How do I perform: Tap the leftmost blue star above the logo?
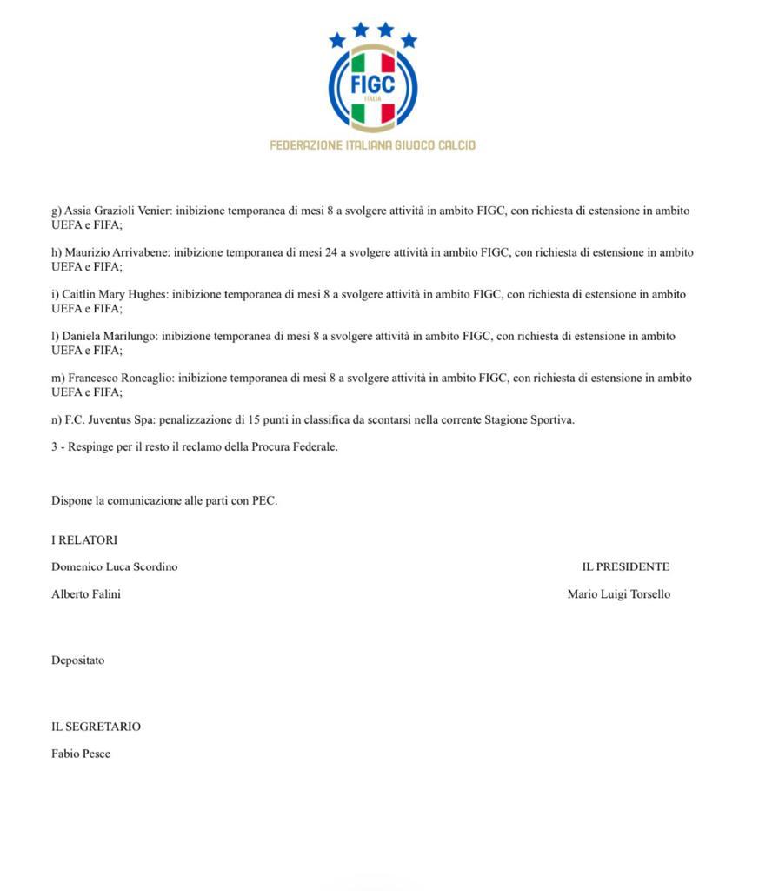[337, 40]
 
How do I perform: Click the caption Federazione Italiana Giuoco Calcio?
[373, 145]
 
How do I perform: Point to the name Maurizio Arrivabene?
[117, 252]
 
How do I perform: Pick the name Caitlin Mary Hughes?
[113, 294]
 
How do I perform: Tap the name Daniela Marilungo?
[108, 336]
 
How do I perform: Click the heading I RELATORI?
[84, 539]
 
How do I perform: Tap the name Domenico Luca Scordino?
[114, 566]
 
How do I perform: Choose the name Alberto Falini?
[86, 594]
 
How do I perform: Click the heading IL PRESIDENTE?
[625, 566]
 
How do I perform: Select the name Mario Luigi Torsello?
[618, 594]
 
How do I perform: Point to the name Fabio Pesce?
[81, 754]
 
